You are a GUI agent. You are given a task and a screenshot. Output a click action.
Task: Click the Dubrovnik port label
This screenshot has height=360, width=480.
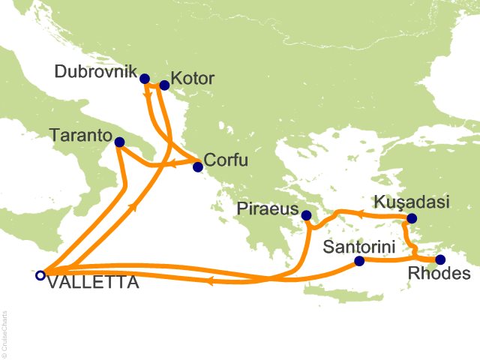tap(95, 73)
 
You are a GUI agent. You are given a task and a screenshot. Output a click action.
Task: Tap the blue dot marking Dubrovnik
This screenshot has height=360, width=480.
tap(145, 78)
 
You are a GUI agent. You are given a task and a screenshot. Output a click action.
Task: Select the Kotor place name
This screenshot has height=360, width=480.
tap(193, 78)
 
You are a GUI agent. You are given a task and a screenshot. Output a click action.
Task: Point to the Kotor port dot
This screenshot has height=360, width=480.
tap(165, 85)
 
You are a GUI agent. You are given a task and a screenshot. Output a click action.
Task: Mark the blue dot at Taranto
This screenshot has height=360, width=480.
tap(119, 141)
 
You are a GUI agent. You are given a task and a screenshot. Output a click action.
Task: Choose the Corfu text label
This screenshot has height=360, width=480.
tap(226, 160)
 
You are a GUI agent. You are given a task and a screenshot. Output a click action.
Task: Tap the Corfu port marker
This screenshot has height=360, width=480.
tap(198, 166)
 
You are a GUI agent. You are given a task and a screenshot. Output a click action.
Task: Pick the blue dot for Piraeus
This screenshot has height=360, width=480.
tap(306, 216)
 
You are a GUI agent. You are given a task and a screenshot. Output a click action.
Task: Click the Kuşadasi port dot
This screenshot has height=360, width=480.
tap(412, 219)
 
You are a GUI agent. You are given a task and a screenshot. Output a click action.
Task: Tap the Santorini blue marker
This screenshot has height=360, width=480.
tap(359, 261)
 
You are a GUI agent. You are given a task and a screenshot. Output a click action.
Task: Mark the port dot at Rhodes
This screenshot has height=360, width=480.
tap(440, 259)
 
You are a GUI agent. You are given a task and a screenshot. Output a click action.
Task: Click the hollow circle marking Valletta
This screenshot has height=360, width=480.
tap(40, 274)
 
